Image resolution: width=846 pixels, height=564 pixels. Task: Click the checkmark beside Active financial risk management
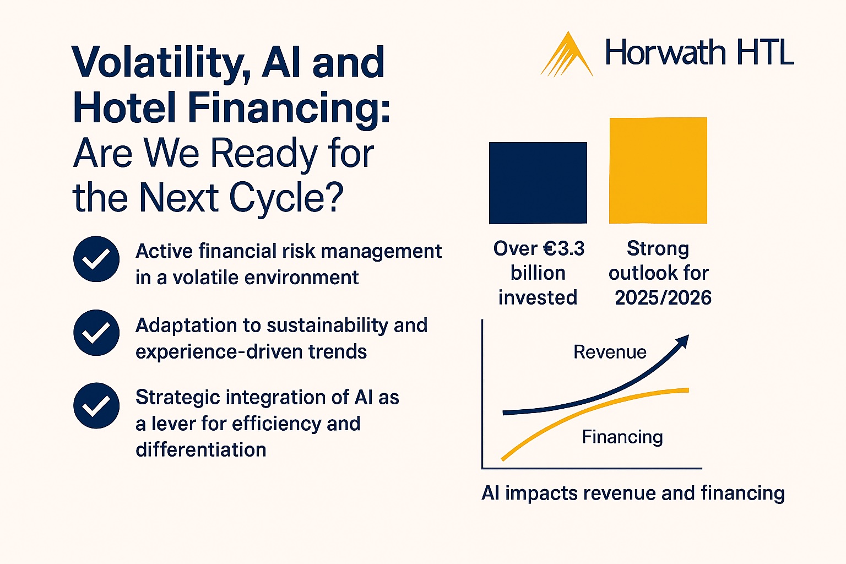pyautogui.click(x=96, y=259)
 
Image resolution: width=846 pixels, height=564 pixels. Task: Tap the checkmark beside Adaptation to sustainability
pyautogui.click(x=96, y=333)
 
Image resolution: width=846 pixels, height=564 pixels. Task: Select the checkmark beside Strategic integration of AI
pyautogui.click(x=96, y=405)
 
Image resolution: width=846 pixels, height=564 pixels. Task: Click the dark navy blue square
pyautogui.click(x=538, y=183)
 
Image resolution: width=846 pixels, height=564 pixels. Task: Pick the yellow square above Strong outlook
pyautogui.click(x=658, y=170)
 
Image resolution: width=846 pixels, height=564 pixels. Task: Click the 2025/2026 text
pyautogui.click(x=663, y=298)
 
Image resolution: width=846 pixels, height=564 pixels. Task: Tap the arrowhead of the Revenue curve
pyautogui.click(x=683, y=341)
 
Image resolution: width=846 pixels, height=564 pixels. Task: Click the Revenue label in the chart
pyautogui.click(x=610, y=352)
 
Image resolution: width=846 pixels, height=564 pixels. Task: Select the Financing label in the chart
pyautogui.click(x=622, y=437)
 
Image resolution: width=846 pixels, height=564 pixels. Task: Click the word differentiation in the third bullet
pyautogui.click(x=201, y=450)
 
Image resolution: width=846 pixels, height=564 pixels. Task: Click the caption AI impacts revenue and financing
pyautogui.click(x=633, y=493)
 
